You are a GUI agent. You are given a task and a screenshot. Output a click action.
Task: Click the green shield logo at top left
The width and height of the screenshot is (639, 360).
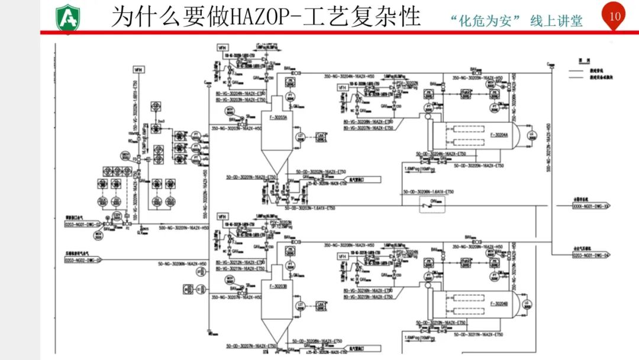tap(67, 17)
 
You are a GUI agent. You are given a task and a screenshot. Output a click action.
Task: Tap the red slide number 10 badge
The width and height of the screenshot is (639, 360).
tap(615, 17)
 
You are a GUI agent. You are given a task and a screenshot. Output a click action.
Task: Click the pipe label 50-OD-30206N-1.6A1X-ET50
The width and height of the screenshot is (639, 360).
tap(428, 192)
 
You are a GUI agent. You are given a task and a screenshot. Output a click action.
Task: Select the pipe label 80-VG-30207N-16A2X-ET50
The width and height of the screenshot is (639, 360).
tap(368, 128)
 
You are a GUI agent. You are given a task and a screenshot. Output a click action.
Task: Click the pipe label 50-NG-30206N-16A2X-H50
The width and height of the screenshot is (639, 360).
tap(183, 263)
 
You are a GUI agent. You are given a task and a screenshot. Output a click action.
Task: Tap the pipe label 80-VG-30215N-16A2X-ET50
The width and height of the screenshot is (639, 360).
tap(368, 296)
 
